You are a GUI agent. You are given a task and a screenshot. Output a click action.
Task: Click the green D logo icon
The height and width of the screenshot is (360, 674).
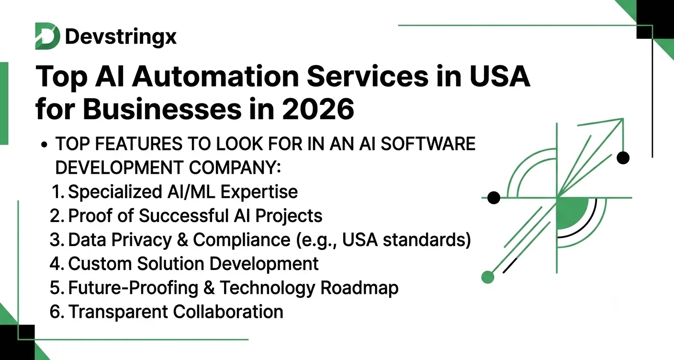[x=47, y=36]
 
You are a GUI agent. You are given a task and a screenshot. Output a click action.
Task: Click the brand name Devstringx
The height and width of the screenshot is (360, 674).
[x=121, y=37]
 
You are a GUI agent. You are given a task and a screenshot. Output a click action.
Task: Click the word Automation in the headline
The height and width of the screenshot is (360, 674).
[x=215, y=76]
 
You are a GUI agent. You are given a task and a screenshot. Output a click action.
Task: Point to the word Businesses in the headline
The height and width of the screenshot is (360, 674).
[x=162, y=109]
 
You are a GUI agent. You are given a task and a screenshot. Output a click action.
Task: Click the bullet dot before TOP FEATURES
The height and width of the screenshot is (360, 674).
[x=44, y=145]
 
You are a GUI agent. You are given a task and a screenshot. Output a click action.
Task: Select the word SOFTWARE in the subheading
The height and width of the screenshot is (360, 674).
[x=428, y=144]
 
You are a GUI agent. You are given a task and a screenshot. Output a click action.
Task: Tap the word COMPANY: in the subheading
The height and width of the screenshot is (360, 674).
[x=235, y=168]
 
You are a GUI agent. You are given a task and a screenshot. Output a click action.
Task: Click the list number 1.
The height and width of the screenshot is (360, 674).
[x=58, y=192]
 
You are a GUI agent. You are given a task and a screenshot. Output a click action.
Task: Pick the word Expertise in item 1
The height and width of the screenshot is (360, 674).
[x=259, y=192]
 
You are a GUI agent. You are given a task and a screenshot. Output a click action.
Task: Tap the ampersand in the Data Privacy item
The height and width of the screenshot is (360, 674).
[x=182, y=240]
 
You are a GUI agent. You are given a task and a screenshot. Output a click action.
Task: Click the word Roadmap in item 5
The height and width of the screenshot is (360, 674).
[x=359, y=288]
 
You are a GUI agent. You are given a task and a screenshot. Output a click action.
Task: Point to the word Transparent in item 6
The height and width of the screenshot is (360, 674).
[x=118, y=312]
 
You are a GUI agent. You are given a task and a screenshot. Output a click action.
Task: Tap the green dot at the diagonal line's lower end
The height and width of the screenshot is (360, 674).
[x=488, y=277]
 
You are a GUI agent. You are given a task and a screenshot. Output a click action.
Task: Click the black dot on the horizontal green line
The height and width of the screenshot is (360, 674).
[x=494, y=198]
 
